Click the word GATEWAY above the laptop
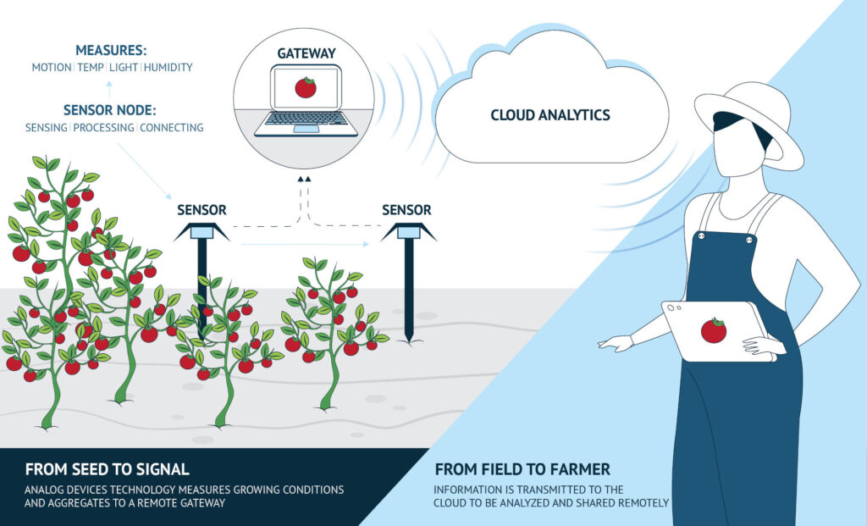306,53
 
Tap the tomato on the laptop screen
305,87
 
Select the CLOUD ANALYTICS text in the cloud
550,115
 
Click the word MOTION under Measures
52,68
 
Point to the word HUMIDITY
168,68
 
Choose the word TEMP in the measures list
91,68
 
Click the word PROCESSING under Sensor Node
103,128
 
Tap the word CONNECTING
171,128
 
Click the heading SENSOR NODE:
109,110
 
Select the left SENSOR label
202,210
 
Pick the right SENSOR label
406,210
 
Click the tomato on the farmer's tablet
713,330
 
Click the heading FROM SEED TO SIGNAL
108,469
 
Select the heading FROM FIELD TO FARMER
522,469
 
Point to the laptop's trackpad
306,129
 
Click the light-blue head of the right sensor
409,233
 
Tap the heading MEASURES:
111,50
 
